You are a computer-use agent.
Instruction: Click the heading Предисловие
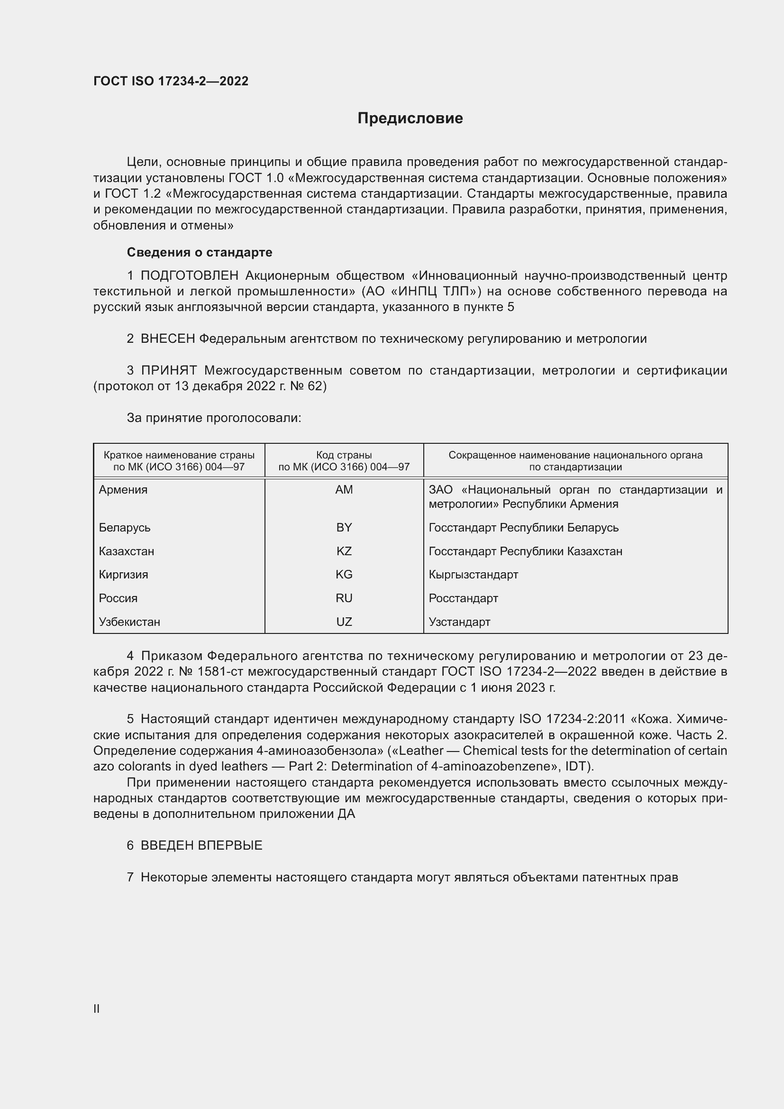pos(410,119)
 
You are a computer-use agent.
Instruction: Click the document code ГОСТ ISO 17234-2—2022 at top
pos(171,81)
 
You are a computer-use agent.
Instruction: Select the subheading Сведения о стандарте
pos(200,252)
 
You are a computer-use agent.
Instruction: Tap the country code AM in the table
pos(344,490)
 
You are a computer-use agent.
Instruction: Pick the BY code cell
pos(344,527)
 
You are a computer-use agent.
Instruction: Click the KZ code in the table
pos(344,551)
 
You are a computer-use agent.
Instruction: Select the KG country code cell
pos(344,574)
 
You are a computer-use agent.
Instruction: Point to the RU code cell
pos(344,598)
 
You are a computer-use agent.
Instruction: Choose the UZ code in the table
pos(344,622)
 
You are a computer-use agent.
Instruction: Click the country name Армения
pos(123,490)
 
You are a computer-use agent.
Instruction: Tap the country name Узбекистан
pos(129,622)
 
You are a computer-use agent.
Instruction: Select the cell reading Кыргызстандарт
pos(473,574)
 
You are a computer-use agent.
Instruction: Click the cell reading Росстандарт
pos(463,598)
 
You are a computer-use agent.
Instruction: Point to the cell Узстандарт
pos(459,622)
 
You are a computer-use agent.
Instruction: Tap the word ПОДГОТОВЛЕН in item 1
pos(189,276)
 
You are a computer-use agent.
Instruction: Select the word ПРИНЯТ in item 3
pos(168,370)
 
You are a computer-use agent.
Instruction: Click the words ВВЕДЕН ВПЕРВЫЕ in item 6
pos(201,845)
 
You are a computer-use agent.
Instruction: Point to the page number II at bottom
pos(97,1008)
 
